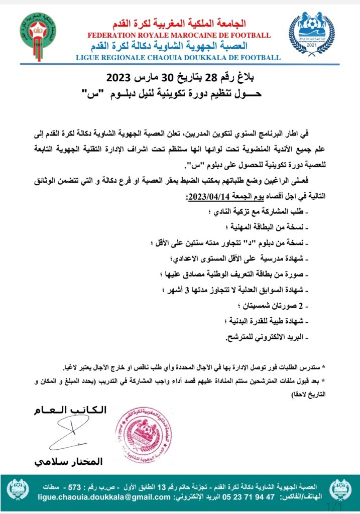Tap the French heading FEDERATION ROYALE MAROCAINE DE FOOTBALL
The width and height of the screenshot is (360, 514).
179,35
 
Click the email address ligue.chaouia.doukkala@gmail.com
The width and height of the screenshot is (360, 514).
104,497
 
